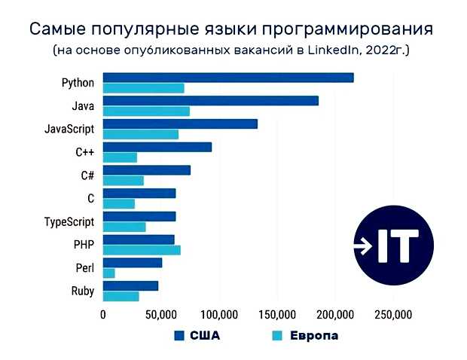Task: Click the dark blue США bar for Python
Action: click(x=227, y=78)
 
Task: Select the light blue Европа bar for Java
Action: click(x=146, y=111)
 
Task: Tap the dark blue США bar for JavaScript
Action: click(x=180, y=124)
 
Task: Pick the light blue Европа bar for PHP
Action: click(x=142, y=250)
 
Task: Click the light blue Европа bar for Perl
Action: click(x=108, y=273)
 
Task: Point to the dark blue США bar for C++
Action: click(x=157, y=147)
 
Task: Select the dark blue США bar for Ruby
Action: click(x=130, y=285)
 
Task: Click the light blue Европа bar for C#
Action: click(x=123, y=181)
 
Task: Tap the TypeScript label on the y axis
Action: click(x=69, y=222)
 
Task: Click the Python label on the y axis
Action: click(x=78, y=83)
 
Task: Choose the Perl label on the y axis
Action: click(x=84, y=268)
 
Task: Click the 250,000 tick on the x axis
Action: click(x=393, y=314)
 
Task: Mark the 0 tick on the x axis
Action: click(x=103, y=314)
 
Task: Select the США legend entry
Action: click(x=197, y=336)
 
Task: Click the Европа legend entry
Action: click(x=304, y=336)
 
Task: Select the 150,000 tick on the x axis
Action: click(x=277, y=314)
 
